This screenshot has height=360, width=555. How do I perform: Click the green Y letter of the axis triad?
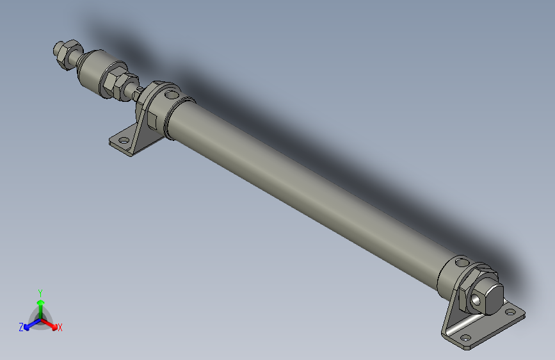click(40, 291)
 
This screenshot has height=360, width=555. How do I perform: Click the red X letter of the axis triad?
click(60, 328)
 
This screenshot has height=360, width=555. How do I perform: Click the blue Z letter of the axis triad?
click(21, 327)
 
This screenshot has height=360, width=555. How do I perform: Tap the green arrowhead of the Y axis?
click(40, 302)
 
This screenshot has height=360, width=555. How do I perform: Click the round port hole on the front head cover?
click(170, 95)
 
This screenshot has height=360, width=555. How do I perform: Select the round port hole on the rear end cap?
click(462, 262)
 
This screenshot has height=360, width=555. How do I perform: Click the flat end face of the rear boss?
click(492, 296)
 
